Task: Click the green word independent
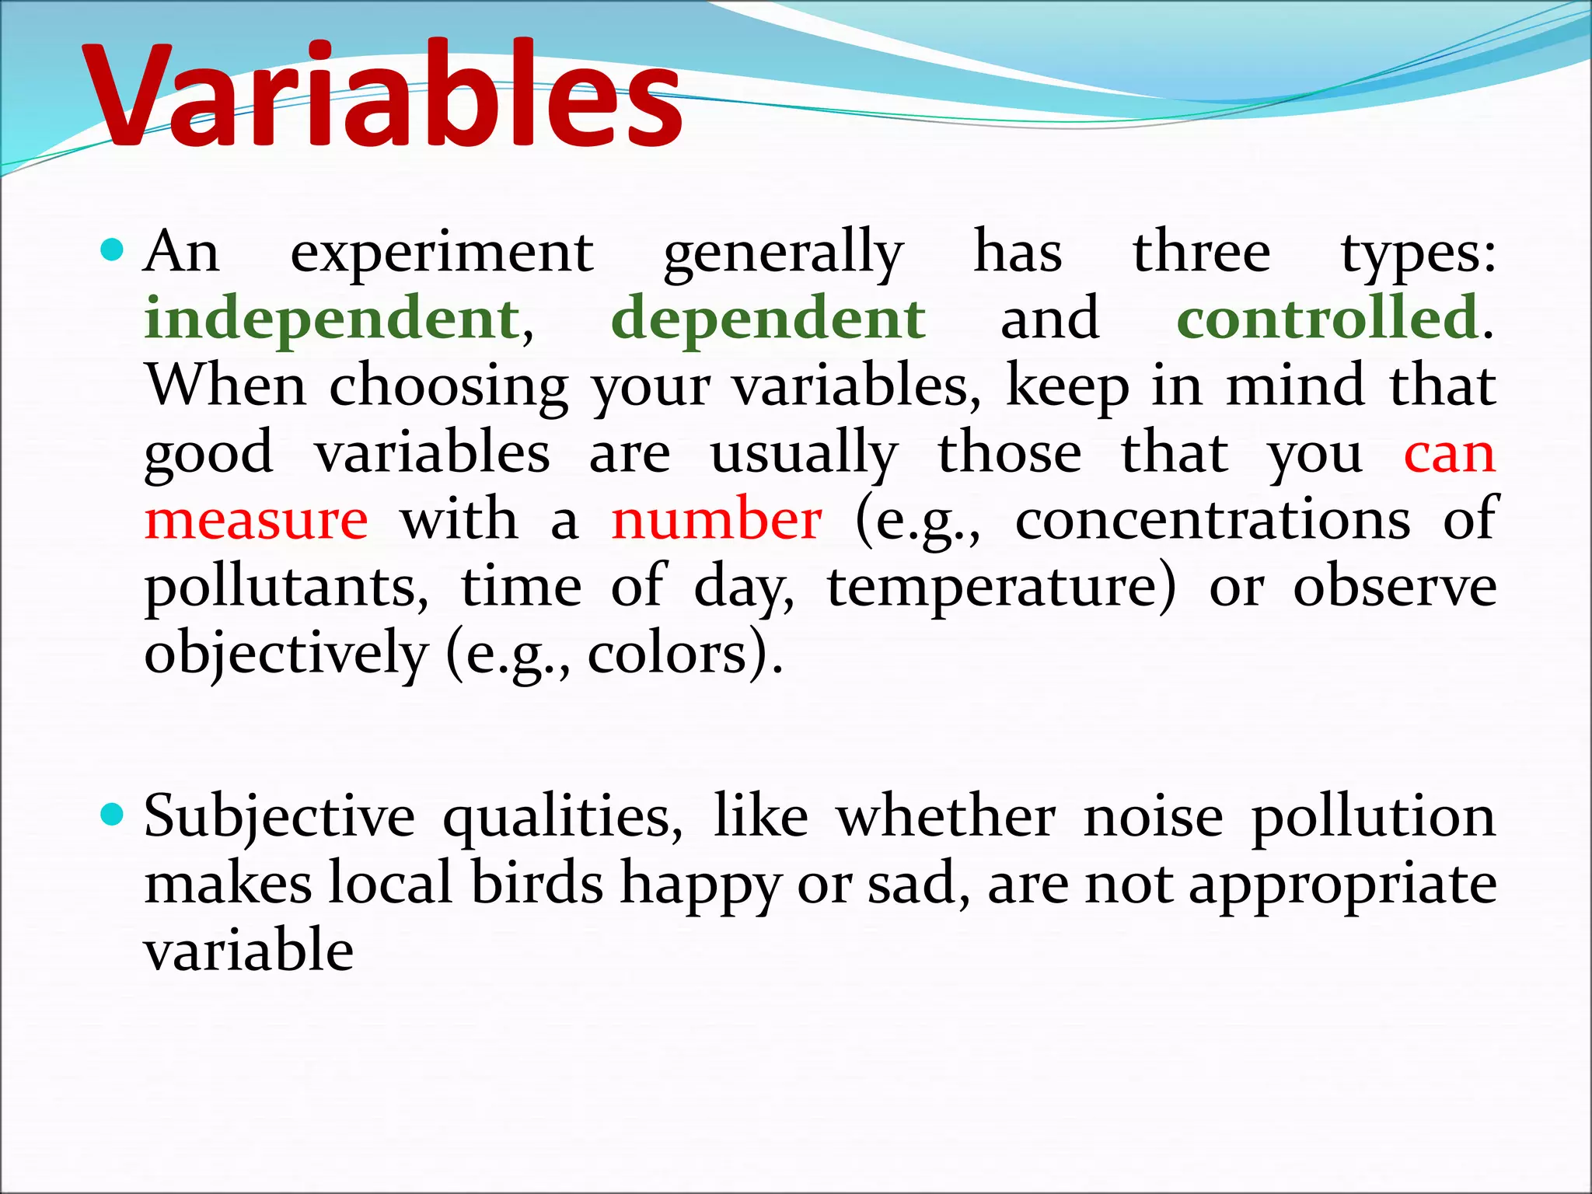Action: [333, 319]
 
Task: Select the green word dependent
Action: [768, 319]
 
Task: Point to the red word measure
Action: [257, 519]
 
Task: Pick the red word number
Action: [716, 519]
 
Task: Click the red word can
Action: [1449, 453]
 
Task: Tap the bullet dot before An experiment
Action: [113, 250]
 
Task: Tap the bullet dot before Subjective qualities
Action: [113, 815]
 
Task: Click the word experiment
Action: [442, 253]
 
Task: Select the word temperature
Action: [1001, 588]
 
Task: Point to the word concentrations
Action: [1213, 519]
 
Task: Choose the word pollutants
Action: [286, 588]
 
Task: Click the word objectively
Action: [286, 655]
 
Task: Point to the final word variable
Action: [249, 951]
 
